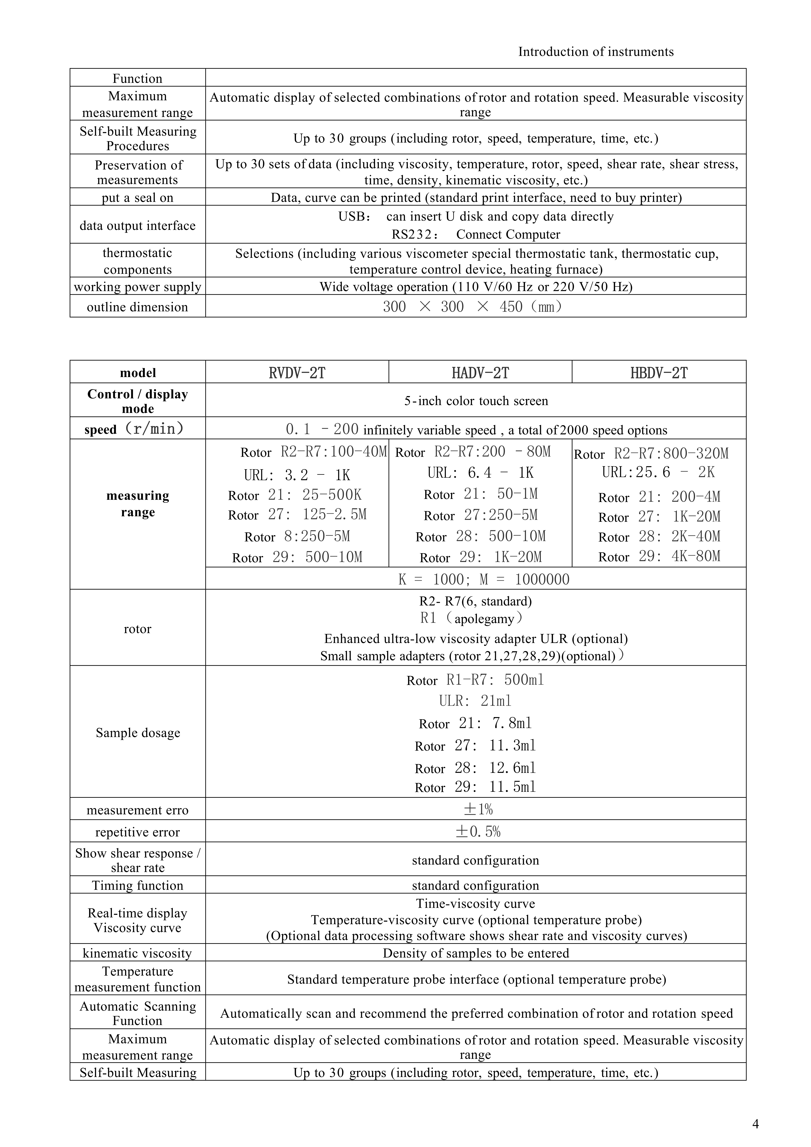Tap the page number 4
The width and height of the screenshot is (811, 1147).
point(755,1124)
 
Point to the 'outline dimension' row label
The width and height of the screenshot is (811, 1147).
point(137,307)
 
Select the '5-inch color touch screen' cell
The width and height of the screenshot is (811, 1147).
point(476,401)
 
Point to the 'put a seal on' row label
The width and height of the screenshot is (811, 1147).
point(137,198)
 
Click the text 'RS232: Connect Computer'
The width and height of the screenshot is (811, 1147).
point(476,234)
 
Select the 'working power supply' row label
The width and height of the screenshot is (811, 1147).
point(137,287)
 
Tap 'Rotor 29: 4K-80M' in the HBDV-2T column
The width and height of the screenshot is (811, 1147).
point(659,556)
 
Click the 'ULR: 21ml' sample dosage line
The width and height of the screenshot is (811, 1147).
point(475,701)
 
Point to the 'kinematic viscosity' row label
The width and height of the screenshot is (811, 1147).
point(137,953)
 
